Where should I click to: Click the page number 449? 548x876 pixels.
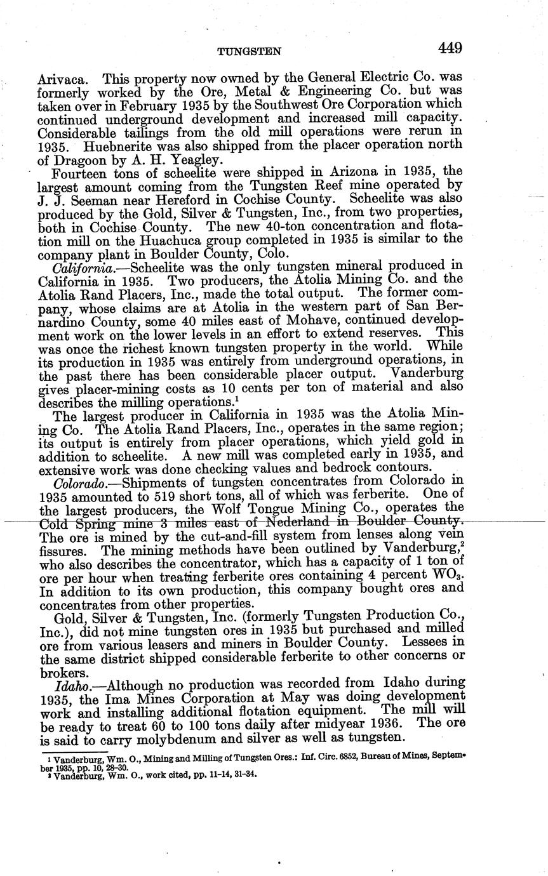tap(449, 48)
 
